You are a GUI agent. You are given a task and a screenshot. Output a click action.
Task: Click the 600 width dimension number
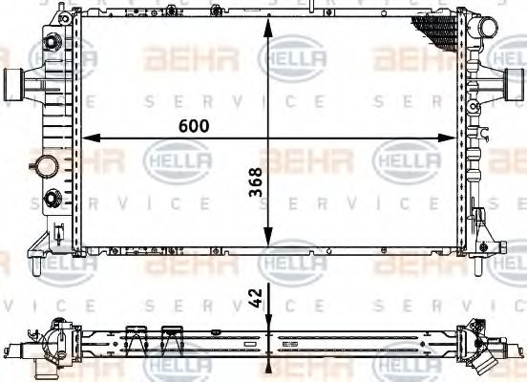click(x=191, y=124)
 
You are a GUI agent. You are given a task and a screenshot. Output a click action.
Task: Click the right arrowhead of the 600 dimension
click(x=454, y=139)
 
